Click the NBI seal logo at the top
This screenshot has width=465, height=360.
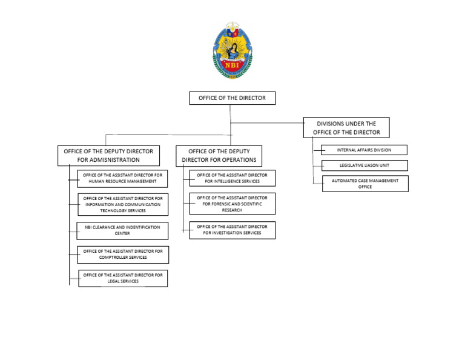pyautogui.click(x=232, y=52)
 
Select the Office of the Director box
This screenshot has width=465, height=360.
pyautogui.click(x=232, y=98)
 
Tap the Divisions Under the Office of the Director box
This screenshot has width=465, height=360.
pyautogui.click(x=346, y=127)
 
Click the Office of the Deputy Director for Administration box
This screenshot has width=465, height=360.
pyautogui.click(x=108, y=155)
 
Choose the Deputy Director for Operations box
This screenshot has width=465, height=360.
pyautogui.click(x=220, y=156)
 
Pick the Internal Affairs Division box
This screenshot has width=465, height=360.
pyautogui.click(x=364, y=150)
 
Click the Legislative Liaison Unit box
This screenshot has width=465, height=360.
pyautogui.click(x=364, y=165)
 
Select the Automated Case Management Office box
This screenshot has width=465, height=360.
pyautogui.click(x=365, y=184)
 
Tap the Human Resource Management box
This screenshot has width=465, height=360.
pyautogui.click(x=123, y=178)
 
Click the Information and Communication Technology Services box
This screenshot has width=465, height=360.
pyautogui.click(x=123, y=204)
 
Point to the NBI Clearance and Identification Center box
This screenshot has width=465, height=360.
pyautogui.click(x=122, y=230)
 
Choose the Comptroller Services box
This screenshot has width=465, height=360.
pyautogui.click(x=123, y=254)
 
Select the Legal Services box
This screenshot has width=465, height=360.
pyautogui.click(x=123, y=278)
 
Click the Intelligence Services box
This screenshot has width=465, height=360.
pyautogui.click(x=232, y=178)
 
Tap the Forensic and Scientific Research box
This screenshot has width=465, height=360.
pyautogui.click(x=232, y=204)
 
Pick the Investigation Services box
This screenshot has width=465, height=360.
pyautogui.click(x=232, y=230)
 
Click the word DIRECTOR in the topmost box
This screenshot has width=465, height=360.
pyautogui.click(x=251, y=98)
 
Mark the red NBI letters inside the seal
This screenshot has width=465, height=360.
pyautogui.click(x=232, y=64)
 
